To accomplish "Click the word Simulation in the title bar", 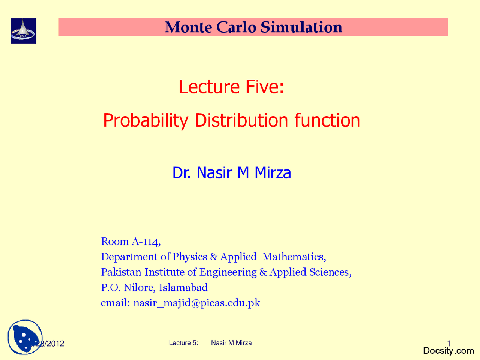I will point(301,27).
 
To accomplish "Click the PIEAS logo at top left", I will point(23,31).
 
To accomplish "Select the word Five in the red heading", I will point(264,87).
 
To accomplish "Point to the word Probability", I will point(145,121).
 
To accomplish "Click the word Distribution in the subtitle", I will point(241,120).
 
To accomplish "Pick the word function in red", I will point(327,120).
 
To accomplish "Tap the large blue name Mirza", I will point(273,173).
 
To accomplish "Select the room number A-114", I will point(146,241).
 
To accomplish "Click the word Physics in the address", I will point(190,256).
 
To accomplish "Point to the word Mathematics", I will point(294,256).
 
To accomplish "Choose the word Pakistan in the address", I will point(121,272).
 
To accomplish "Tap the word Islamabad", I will point(183,287).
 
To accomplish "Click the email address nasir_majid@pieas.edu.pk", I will point(196,303).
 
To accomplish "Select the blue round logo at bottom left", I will point(25,337).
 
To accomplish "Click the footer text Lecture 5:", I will point(183,343).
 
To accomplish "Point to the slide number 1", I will point(448,343).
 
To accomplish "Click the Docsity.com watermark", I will point(448,351).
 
